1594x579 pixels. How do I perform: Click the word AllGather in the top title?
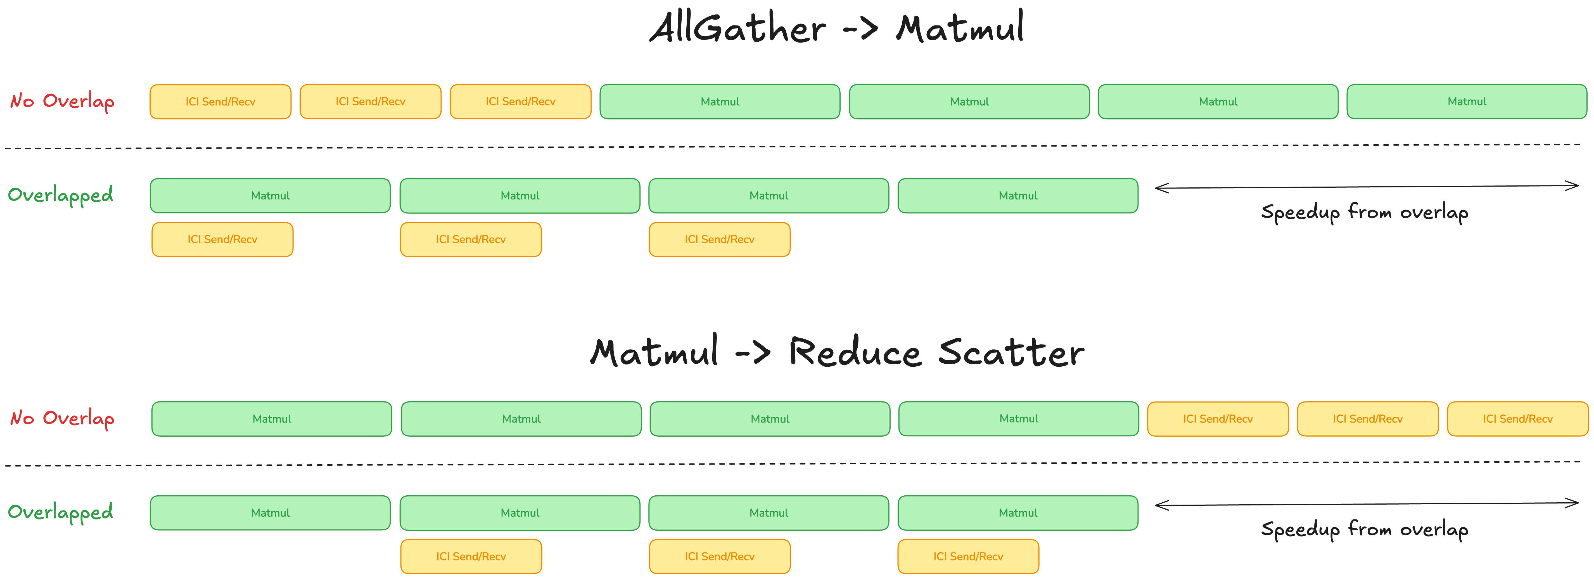737,28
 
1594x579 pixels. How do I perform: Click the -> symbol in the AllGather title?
861,30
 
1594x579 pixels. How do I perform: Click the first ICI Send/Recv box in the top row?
220,102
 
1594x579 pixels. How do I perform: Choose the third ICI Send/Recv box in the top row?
520,102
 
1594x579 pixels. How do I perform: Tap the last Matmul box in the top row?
1467,102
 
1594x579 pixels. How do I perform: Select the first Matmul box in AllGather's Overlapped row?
271,196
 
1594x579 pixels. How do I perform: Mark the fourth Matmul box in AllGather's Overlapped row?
1018,196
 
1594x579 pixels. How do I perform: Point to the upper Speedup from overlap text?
1364,212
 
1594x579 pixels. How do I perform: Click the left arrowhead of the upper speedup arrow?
1156,188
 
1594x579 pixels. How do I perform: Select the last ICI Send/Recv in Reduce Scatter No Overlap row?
1518,419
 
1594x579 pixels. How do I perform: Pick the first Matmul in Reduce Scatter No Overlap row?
272,419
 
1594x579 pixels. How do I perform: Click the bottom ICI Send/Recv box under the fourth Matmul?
968,557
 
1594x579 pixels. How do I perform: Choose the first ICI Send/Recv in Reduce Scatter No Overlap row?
1218,419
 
